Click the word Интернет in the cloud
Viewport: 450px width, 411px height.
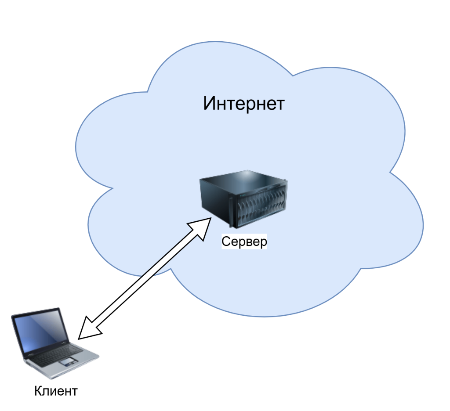244,104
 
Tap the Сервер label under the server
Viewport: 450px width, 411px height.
244,242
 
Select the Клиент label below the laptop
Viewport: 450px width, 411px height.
56,391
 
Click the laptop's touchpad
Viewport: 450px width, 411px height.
68,362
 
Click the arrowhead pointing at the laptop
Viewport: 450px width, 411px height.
90,330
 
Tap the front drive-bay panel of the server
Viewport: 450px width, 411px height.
261,206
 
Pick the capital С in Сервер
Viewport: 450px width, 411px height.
226,242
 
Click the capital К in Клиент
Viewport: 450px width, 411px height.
38,391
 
